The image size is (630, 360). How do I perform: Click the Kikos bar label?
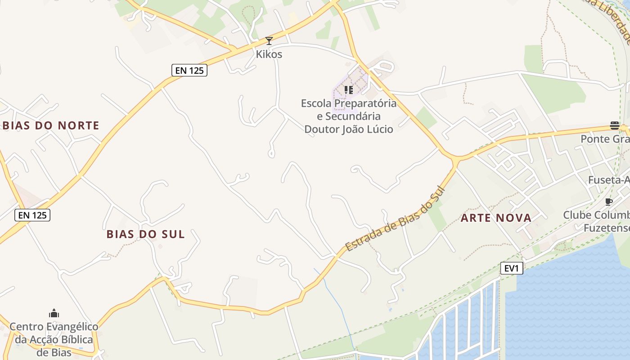tap(269, 54)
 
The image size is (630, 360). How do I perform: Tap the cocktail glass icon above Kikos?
tap(269, 41)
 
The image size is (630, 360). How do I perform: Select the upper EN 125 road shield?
tap(189, 70)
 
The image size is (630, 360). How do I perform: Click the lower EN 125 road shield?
tap(32, 215)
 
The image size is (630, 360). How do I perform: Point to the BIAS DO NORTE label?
tap(51, 126)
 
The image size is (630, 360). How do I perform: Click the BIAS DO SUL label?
tap(146, 234)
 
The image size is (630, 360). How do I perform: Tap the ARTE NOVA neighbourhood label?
tap(496, 218)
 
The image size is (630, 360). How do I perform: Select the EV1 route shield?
tap(512, 269)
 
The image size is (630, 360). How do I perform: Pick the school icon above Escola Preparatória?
tap(349, 90)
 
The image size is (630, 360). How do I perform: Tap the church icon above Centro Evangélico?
tap(54, 313)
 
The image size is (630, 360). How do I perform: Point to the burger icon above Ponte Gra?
tap(615, 125)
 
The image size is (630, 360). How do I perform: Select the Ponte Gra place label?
tap(605, 139)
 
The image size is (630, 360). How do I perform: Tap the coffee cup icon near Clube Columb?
tap(609, 202)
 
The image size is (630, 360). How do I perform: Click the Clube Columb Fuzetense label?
tap(597, 221)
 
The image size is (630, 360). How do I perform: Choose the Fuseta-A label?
tap(608, 180)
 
